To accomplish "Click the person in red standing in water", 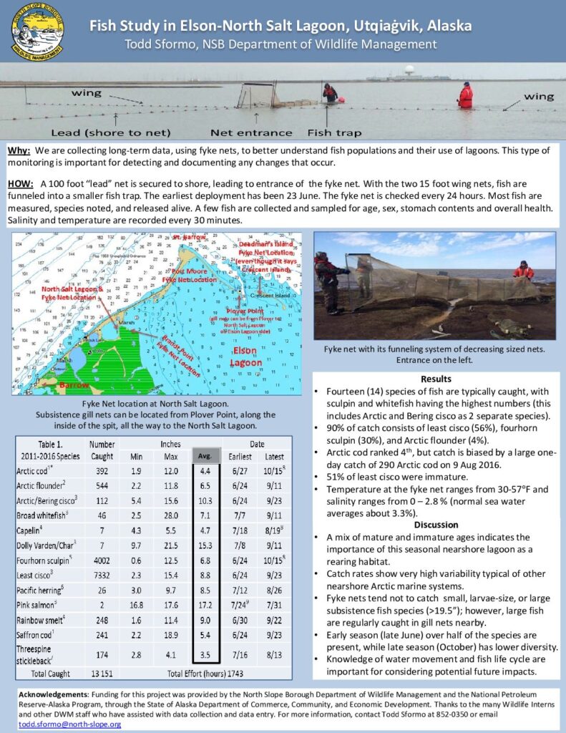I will click(x=466, y=95).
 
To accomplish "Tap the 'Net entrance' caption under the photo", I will click(x=251, y=132).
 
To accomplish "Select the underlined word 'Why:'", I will click(x=19, y=152).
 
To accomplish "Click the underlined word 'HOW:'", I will click(x=21, y=184).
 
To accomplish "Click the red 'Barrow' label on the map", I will click(x=74, y=385).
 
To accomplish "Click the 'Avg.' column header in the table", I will click(x=205, y=456).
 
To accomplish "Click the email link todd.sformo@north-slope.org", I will click(x=60, y=724).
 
